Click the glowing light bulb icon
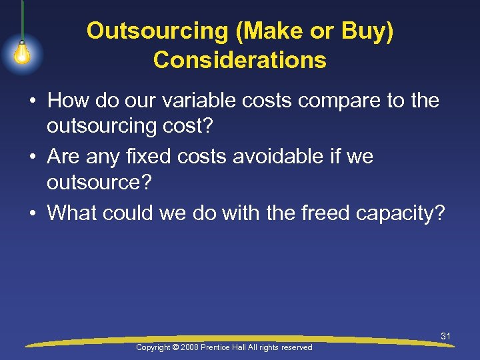pos(22,53)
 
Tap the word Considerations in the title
pos(240,61)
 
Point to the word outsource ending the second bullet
pos(99,185)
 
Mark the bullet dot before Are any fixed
pos(32,157)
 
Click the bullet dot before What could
pos(32,213)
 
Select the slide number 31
pos(445,336)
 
